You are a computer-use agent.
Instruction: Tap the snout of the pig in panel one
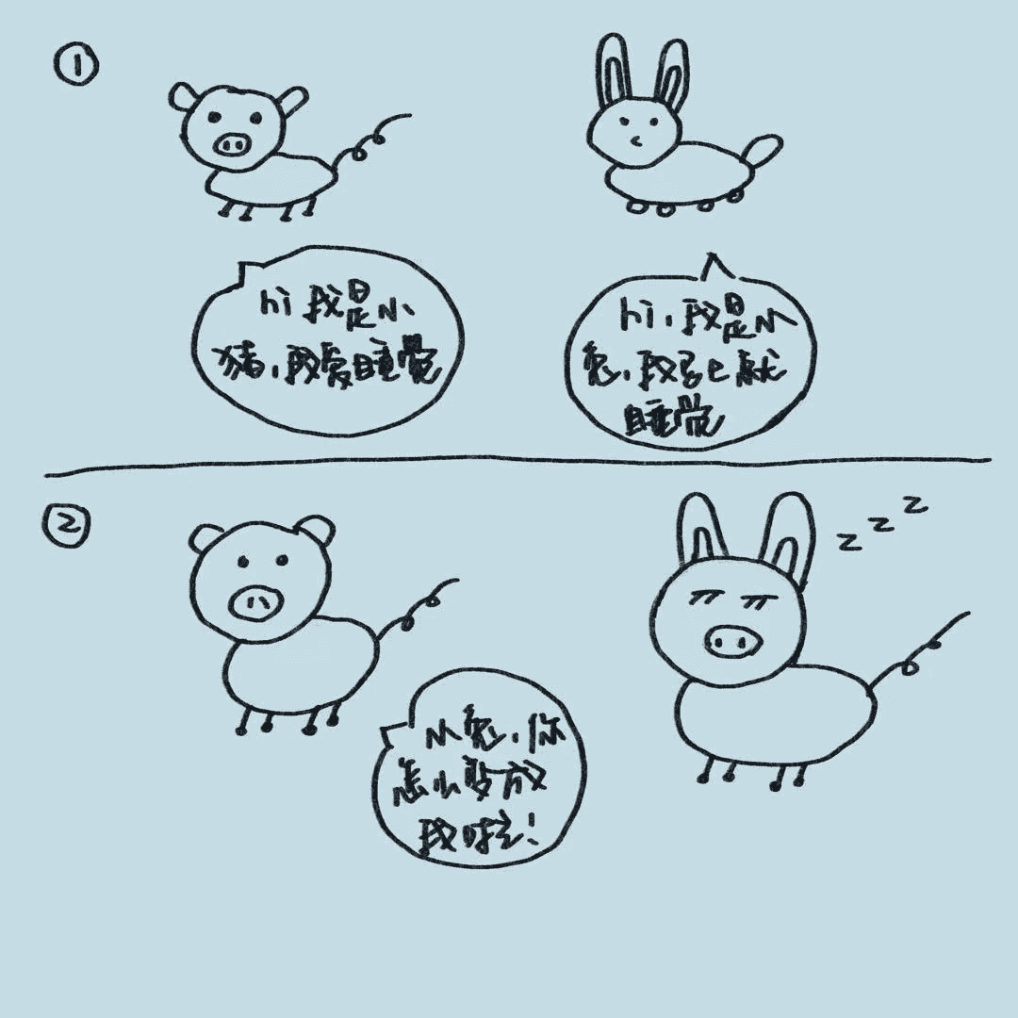(232, 144)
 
